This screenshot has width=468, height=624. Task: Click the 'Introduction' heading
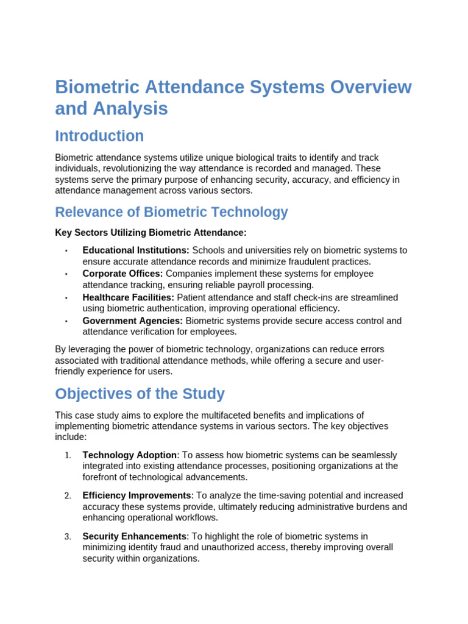coord(99,136)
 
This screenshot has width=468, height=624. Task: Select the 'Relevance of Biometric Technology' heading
coord(171,212)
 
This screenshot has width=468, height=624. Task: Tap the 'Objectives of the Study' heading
coord(140,394)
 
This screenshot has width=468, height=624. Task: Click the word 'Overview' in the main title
coord(370,87)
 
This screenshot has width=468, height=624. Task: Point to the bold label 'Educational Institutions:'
coord(136,250)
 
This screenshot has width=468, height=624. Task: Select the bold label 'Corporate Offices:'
coord(122,274)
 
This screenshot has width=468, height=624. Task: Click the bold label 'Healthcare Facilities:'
coord(128,297)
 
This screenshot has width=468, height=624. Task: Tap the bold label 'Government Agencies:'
coord(132,321)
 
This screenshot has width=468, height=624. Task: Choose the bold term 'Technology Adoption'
coord(130,455)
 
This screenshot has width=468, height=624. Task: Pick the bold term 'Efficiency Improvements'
coord(137,495)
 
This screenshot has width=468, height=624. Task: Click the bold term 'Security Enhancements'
coord(134,536)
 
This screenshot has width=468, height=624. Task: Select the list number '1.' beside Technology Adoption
coord(68,455)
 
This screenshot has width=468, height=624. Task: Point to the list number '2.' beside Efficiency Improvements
coord(68,495)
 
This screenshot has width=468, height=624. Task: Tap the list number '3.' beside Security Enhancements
coord(68,536)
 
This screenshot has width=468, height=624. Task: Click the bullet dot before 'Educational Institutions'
coord(66,251)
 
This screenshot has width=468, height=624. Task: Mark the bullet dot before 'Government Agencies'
coord(66,321)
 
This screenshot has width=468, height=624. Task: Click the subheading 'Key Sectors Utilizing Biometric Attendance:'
coord(151,233)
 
